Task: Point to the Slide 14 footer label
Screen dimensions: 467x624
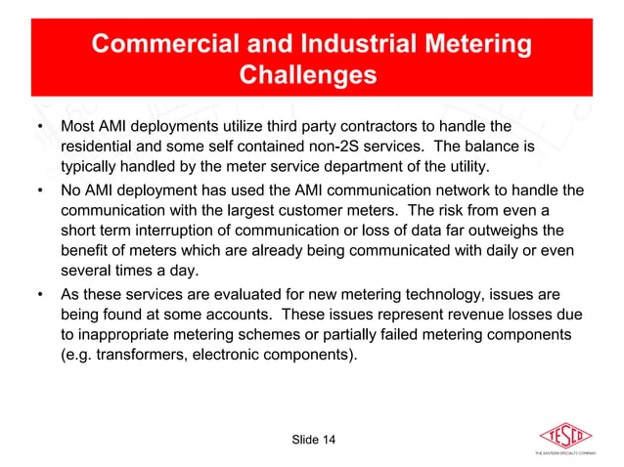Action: (x=313, y=441)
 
